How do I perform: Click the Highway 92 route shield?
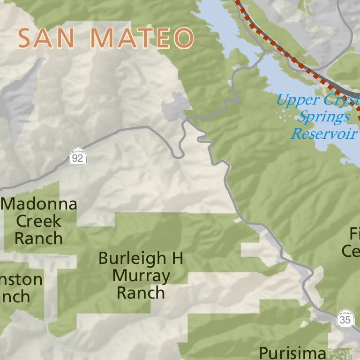coord(78,156)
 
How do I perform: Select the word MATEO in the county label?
coord(142,38)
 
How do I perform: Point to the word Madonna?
coord(39,204)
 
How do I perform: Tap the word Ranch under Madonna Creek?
coord(38,238)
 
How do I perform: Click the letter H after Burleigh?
coord(177,258)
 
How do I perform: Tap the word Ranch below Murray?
coord(141,293)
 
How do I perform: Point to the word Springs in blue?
coord(323,117)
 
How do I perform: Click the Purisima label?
coord(292,352)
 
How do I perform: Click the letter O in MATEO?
coord(183,38)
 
